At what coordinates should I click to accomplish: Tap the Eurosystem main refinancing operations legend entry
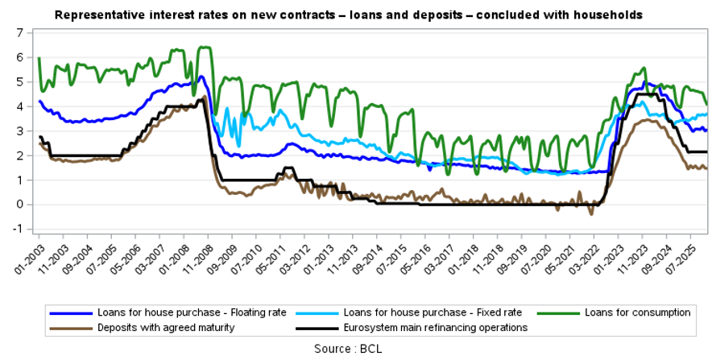436,328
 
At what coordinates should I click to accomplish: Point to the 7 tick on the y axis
19,32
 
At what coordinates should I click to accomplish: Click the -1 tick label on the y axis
18,230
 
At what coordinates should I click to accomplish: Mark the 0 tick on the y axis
19,205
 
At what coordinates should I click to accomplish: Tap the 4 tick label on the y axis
19,106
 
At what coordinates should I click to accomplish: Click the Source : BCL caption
358,348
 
